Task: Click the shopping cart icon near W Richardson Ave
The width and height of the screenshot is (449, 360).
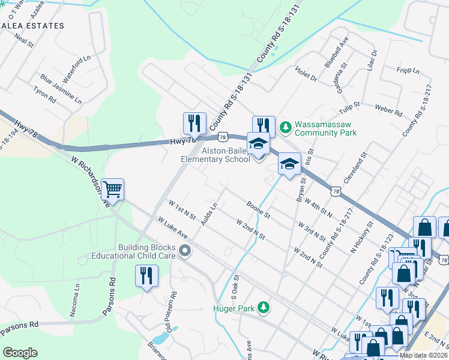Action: click(x=112, y=190)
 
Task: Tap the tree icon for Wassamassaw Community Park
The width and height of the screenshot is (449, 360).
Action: click(x=285, y=127)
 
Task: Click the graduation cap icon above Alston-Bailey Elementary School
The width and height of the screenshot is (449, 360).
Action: click(x=259, y=144)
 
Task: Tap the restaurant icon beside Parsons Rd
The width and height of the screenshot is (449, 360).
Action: click(x=146, y=276)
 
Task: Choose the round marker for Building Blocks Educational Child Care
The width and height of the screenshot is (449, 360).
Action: click(x=185, y=251)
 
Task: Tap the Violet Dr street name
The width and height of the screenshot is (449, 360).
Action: click(x=305, y=76)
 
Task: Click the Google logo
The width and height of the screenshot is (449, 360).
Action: click(x=20, y=353)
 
